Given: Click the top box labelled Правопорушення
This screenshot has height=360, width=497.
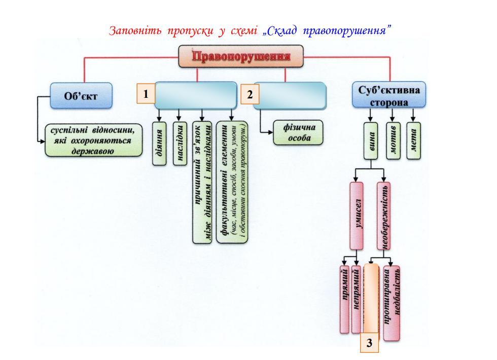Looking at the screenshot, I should click(241, 56).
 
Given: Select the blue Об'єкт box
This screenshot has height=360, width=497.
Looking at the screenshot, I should click(81, 95).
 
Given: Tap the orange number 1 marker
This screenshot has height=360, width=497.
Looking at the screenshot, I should click(146, 94).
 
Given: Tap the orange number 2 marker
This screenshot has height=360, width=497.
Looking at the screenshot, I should click(250, 95).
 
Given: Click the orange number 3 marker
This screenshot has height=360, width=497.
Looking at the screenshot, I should click(370, 343).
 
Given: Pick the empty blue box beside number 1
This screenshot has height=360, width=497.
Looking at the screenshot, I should click(196, 95).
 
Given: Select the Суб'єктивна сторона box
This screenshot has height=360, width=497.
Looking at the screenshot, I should click(389, 95).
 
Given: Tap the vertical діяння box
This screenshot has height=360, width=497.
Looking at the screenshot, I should click(160, 143).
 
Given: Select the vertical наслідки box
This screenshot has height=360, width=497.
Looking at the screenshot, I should click(180, 143).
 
